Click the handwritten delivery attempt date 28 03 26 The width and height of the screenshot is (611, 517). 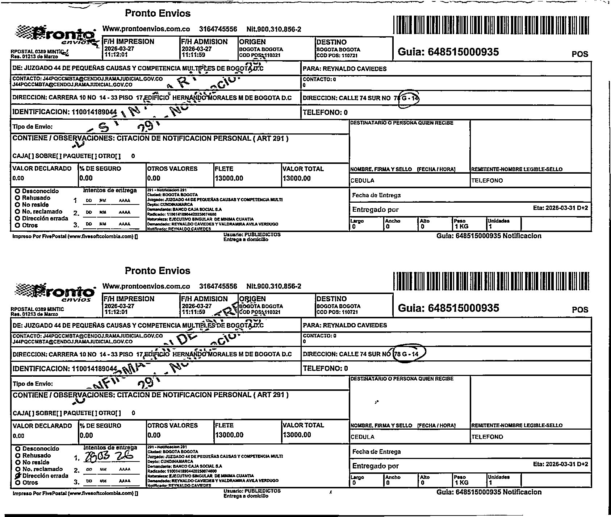108,456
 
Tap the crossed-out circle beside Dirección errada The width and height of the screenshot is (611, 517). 17,476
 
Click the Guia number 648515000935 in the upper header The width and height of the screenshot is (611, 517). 448,52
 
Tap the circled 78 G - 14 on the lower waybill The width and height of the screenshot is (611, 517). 408,354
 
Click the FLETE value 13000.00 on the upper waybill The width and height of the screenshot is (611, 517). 229,178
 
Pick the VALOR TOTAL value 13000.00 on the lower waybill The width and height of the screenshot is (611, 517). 297,435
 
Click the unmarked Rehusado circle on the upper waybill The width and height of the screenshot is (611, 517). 17,198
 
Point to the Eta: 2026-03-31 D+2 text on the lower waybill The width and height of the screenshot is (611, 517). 560,464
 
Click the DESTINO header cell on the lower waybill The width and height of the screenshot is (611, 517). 331,299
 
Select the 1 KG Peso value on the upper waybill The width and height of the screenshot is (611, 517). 461,227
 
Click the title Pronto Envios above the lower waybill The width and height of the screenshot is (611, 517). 158,270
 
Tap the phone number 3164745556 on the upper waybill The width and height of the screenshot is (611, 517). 218,29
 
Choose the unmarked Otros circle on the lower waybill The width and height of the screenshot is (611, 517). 17,483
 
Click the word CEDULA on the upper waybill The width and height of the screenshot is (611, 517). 363,181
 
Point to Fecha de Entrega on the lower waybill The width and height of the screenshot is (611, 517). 376,452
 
